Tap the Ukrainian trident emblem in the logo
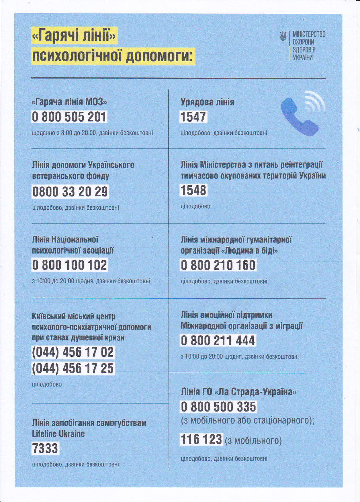coord(283,37)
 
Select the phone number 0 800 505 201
coord(69,117)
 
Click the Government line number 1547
coord(193,117)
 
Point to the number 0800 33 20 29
coord(70,192)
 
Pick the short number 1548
coord(193,190)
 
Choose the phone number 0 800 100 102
coord(69,265)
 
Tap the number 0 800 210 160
coord(218,265)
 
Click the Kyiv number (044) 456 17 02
coord(73,352)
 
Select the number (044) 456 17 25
coord(73,368)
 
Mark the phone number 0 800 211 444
coord(218,341)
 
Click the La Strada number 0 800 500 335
coord(218,407)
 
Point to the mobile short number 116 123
coord(201,439)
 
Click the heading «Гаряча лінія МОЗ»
coord(71,102)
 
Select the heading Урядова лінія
coord(207,102)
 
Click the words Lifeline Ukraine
coord(58,434)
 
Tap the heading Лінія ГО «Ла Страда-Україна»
coord(238,392)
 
